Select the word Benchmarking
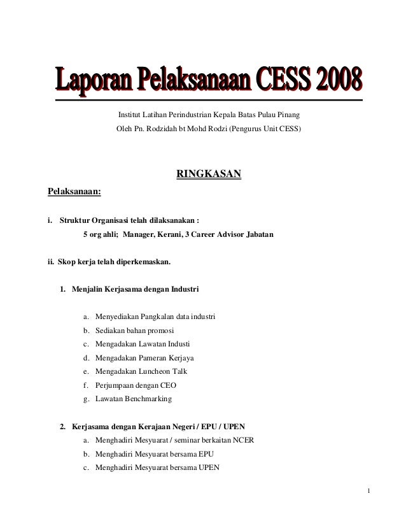(147, 399)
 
